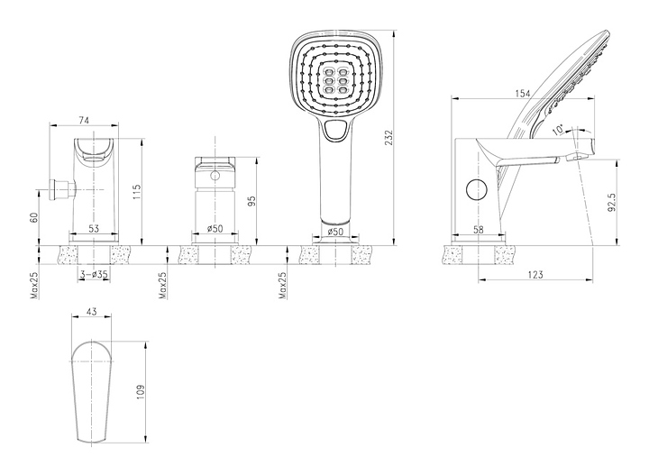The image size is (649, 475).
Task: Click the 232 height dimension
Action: coord(389,137)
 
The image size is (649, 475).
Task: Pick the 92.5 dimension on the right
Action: coord(612,203)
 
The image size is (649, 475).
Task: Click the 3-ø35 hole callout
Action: coord(94,273)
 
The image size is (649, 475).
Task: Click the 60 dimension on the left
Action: coord(35,217)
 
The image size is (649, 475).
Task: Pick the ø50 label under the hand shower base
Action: coord(334,232)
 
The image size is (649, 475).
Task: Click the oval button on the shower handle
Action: coord(335,133)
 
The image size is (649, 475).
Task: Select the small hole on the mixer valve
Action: coord(216,178)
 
